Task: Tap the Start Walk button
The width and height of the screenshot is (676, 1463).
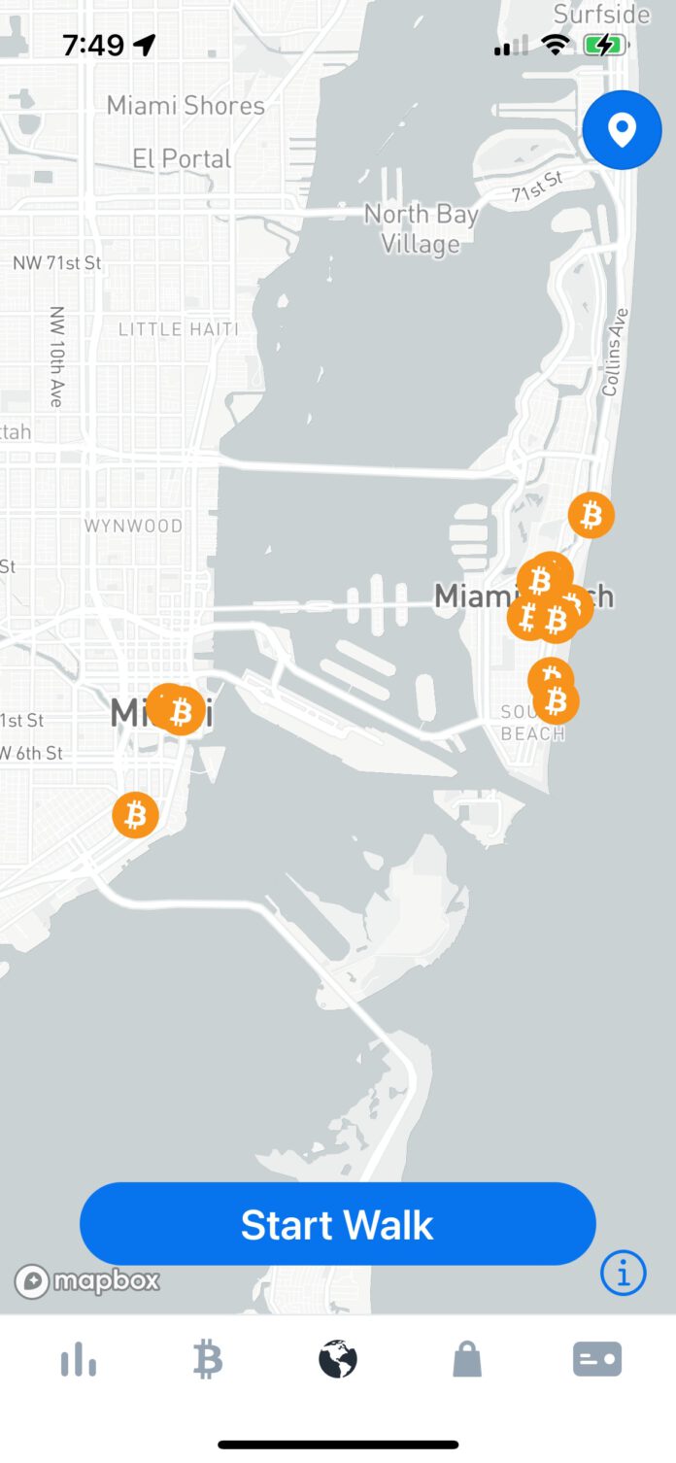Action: tap(337, 1224)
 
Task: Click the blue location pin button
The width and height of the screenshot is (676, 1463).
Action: tap(622, 130)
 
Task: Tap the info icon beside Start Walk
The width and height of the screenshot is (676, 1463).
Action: tap(623, 1272)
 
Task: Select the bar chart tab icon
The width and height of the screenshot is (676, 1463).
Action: tap(79, 1360)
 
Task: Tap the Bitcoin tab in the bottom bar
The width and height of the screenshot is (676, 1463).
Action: tap(208, 1360)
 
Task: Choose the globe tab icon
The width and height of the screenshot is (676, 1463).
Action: tap(338, 1360)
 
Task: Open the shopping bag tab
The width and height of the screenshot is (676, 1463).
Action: tap(467, 1360)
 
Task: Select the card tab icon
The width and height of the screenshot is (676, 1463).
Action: tap(596, 1360)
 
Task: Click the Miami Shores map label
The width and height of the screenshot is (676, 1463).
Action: tap(186, 105)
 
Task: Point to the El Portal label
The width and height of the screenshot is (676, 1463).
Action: tap(183, 158)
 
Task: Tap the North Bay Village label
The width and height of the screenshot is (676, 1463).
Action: tap(422, 228)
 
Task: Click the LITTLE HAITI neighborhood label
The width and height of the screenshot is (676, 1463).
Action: tap(178, 329)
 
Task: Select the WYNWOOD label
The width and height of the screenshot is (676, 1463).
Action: tap(133, 526)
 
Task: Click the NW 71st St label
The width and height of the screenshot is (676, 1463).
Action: tap(56, 263)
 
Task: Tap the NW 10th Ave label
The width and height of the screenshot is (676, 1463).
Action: tap(56, 356)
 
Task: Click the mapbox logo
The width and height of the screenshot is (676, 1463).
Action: tap(87, 1281)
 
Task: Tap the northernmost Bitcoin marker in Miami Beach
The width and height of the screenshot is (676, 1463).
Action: tap(591, 515)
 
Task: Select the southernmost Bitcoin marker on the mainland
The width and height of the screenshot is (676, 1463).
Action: tap(135, 815)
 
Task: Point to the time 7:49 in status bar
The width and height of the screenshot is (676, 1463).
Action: tap(93, 45)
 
